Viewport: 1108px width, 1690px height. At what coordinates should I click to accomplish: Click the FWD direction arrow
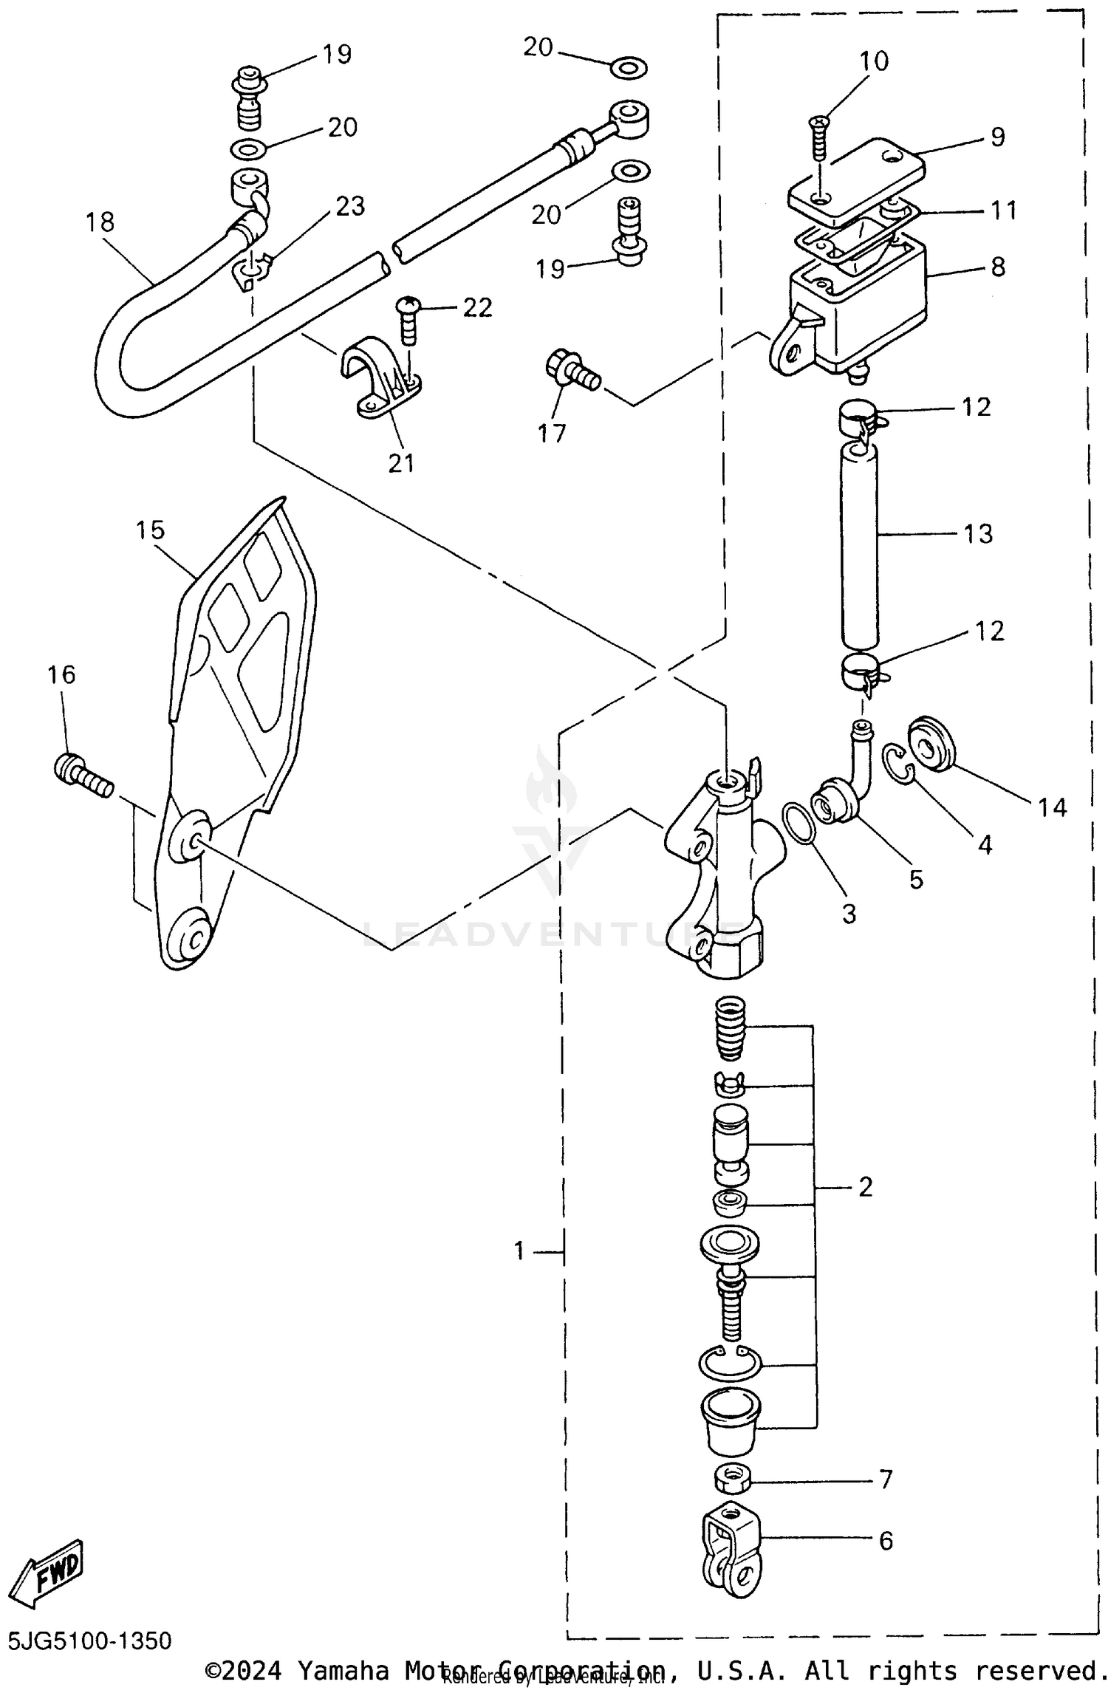click(x=50, y=1574)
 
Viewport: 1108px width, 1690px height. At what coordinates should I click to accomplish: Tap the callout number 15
click(x=150, y=530)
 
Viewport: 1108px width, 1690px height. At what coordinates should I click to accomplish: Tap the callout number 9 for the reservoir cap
click(x=997, y=137)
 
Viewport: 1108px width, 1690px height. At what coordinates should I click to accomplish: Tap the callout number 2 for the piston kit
click(x=865, y=1187)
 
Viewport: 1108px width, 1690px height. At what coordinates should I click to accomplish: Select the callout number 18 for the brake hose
click(x=100, y=221)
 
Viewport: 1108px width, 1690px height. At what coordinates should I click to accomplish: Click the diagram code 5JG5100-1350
click(x=90, y=1641)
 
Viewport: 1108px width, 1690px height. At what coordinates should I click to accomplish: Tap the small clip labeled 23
click(x=253, y=273)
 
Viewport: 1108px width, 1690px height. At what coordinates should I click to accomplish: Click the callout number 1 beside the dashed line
click(x=519, y=1251)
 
